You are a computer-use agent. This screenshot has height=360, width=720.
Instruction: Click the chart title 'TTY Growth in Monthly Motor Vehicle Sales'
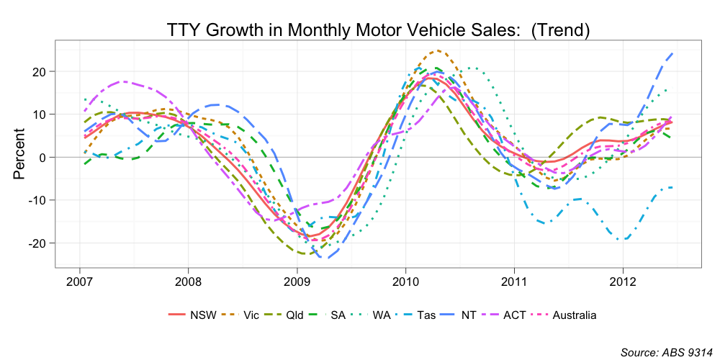(x=378, y=30)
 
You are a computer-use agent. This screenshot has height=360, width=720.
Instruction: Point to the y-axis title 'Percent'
(x=19, y=154)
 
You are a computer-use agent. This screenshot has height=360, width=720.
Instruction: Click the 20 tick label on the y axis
(x=40, y=71)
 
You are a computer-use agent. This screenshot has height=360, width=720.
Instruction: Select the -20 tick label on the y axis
(x=37, y=243)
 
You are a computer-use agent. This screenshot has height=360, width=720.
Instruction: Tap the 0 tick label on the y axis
(x=43, y=157)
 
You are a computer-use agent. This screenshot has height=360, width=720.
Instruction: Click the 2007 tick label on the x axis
(x=78, y=280)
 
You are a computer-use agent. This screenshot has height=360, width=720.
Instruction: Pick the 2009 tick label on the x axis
(x=296, y=280)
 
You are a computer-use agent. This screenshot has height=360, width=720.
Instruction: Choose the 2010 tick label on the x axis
(x=405, y=280)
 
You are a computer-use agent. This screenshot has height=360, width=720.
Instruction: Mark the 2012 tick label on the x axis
(x=622, y=280)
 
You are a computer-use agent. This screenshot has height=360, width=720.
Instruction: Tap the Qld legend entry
(x=294, y=315)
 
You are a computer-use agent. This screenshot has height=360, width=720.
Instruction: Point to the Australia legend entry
(x=574, y=315)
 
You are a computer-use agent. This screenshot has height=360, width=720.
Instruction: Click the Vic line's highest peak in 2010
(x=436, y=51)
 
